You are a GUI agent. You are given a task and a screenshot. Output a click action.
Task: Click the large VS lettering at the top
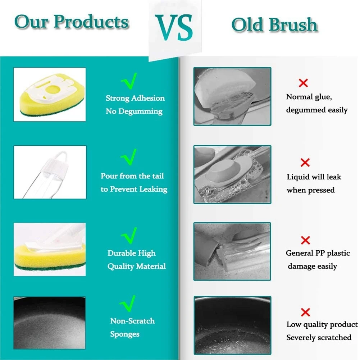click(174, 28)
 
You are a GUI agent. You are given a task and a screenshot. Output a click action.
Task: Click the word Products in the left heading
click(91, 22)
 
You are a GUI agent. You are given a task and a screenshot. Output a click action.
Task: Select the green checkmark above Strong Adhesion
click(129, 81)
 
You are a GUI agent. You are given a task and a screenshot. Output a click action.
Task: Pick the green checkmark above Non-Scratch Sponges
click(128, 304)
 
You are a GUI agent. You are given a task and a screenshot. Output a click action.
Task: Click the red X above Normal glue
click(303, 83)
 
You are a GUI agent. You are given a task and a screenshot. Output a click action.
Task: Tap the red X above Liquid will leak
click(305, 163)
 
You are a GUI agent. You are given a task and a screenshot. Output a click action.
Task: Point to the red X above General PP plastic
click(305, 240)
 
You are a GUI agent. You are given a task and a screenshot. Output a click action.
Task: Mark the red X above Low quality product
click(305, 312)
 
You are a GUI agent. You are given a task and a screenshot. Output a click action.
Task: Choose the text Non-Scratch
click(132, 321)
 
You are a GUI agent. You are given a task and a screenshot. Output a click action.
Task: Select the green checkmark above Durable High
click(129, 236)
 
